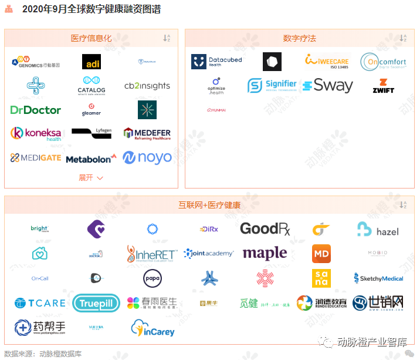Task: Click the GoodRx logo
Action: tap(265, 229)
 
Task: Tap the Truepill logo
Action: tap(96, 303)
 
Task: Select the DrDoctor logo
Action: tap(36, 110)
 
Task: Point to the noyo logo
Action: tap(147, 157)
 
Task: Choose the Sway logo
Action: tap(328, 86)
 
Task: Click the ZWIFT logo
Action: tap(384, 86)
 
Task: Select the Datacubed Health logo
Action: tap(216, 62)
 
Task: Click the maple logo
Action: tap(265, 254)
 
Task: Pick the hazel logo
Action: tap(378, 230)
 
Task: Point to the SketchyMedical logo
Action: tap(378, 278)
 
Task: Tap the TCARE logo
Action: tap(40, 303)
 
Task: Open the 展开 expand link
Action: tap(91, 177)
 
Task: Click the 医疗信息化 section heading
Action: tap(91, 38)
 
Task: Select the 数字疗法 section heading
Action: tap(299, 38)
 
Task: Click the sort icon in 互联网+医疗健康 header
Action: tap(403, 205)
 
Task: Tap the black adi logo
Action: tap(92, 62)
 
